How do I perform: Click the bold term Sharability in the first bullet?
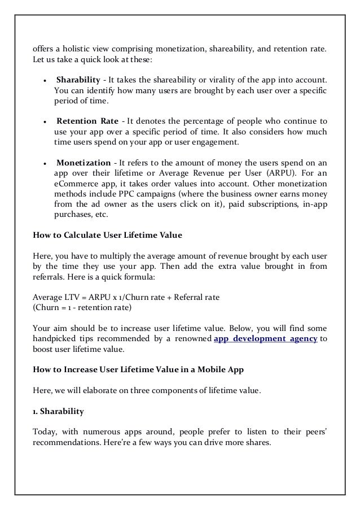[x=78, y=80]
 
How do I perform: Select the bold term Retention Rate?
[x=87, y=121]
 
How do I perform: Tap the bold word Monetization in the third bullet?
[x=84, y=163]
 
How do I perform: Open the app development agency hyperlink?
[x=266, y=339]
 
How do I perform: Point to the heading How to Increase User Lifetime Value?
[x=139, y=370]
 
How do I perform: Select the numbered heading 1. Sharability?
[x=58, y=412]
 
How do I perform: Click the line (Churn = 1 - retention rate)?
[x=82, y=308]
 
